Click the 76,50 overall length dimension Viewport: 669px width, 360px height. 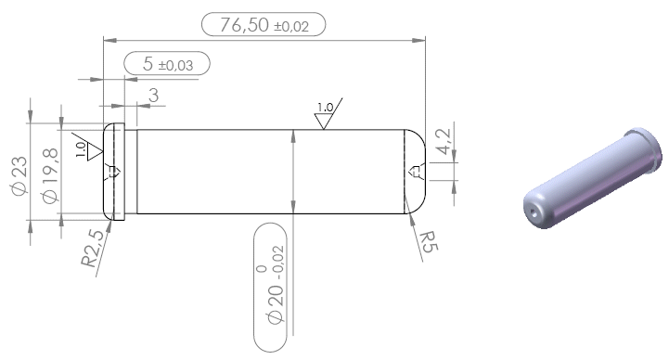(x=264, y=24)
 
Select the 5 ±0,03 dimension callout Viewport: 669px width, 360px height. (x=167, y=63)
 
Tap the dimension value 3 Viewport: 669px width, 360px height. (x=154, y=96)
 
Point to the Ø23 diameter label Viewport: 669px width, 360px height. (x=19, y=175)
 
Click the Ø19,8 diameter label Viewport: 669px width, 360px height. (x=49, y=175)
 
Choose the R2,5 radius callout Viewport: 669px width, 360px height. (x=93, y=249)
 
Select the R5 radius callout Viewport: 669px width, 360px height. (x=429, y=242)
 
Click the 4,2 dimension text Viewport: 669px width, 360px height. (x=444, y=142)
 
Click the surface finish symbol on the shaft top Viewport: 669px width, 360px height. (x=328, y=113)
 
